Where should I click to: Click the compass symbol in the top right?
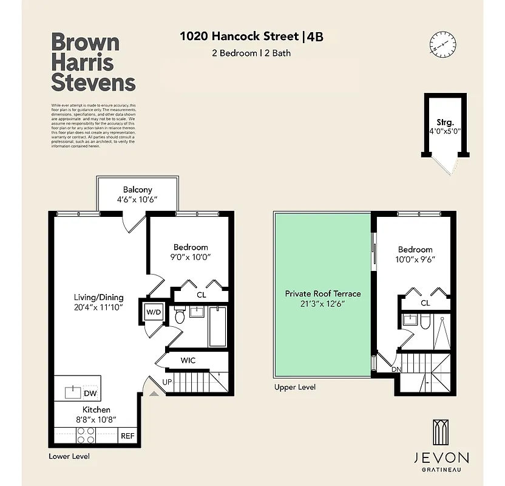coord(442,44)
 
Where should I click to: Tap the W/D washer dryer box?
coord(152,312)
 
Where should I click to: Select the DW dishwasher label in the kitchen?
coord(90,393)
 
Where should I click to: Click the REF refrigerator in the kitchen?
coord(127,436)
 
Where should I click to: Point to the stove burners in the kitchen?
coord(86,436)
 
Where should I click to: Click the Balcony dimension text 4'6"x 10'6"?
coord(137,200)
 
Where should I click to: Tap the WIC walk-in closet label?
coord(188,360)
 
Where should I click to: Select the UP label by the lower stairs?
coord(168,382)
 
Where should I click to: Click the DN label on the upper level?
coord(396,369)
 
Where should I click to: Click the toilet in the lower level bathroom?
coord(180,317)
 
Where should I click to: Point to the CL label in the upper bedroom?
coord(425,303)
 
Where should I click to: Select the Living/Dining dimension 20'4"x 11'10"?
coord(98,307)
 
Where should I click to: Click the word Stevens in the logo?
coord(93,81)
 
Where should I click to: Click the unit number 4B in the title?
coord(315,36)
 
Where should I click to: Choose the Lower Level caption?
coord(69,456)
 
